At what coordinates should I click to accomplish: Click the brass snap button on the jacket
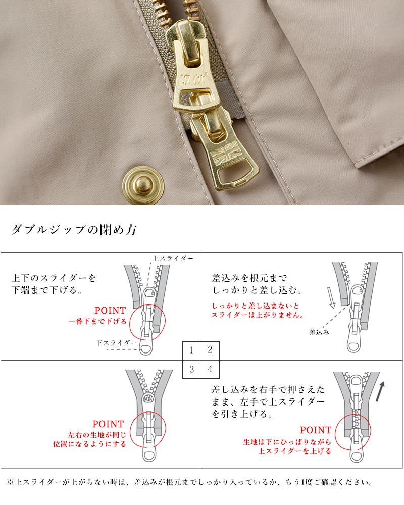138,180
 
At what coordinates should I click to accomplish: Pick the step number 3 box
192,369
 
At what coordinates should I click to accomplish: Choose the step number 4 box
210,369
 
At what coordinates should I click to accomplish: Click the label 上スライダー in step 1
173,258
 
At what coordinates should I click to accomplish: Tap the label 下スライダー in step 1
117,343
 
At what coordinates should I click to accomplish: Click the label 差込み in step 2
319,332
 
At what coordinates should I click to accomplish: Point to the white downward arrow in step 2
331,298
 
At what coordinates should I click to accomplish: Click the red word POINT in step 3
108,424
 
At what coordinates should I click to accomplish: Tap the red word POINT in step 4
316,430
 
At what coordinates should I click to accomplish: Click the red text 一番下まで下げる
97,321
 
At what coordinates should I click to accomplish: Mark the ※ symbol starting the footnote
11,482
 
